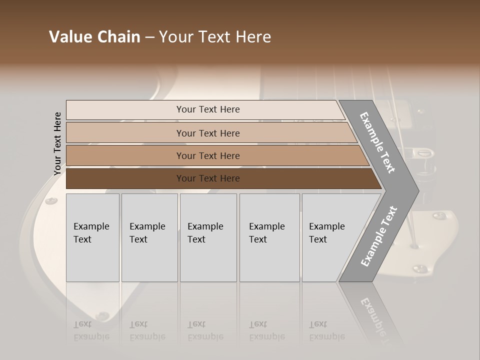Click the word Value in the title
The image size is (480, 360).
(70, 37)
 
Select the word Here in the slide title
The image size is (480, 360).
(253, 37)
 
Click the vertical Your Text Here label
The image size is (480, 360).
(57, 143)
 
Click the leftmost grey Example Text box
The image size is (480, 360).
(92, 237)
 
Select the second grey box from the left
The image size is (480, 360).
(149, 237)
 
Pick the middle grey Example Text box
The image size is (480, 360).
(208, 237)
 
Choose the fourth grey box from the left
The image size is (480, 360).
(269, 237)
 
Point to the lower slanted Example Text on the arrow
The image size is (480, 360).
(379, 236)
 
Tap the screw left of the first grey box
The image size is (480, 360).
(51, 201)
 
